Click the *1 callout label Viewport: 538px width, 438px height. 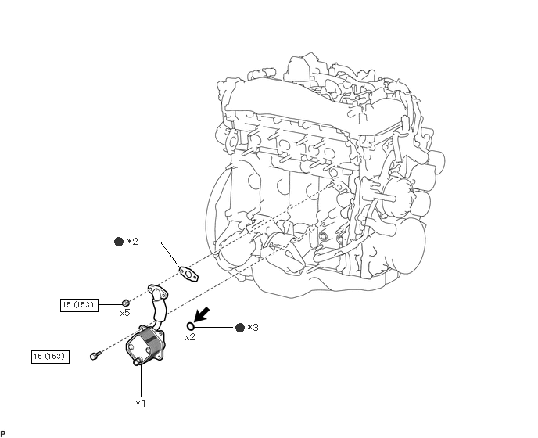click(141, 404)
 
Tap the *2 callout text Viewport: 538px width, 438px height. click(132, 242)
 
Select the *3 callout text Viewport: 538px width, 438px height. click(253, 328)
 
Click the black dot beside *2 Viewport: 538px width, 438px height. click(119, 242)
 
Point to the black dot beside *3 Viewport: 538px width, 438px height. click(240, 328)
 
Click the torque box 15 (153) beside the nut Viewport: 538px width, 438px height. click(79, 305)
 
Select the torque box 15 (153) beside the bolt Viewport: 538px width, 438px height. click(50, 357)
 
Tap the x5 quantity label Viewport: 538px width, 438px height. click(125, 313)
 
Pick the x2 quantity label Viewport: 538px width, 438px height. click(190, 337)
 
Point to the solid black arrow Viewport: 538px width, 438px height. click(202, 314)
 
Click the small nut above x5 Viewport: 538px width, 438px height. click(126, 303)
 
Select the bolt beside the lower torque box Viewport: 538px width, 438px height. click(95, 355)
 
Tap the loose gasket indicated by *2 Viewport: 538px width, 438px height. click(188, 274)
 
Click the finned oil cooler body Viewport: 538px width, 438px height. click(145, 344)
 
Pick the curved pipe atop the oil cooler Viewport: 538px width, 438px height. click(159, 307)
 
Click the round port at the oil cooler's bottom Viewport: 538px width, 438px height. click(138, 361)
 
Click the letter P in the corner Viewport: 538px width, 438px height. click(3, 434)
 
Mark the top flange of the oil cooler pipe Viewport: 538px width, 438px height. click(158, 290)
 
